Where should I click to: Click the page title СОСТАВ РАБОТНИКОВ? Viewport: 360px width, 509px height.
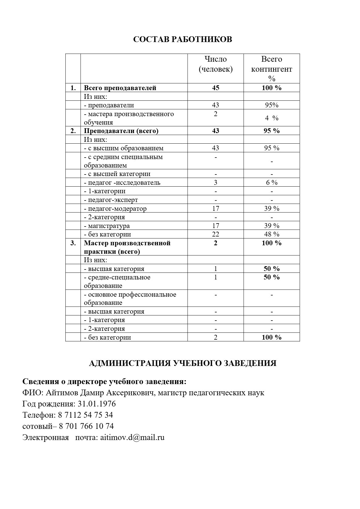coord(182,40)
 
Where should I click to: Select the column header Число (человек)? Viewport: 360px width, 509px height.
coord(215,64)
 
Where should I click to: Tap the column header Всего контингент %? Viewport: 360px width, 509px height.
coord(271,69)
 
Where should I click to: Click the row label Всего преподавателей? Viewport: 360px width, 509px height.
coord(120,88)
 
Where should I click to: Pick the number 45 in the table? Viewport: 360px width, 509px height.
coord(215,88)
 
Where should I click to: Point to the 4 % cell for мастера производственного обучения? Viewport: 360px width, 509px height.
coord(271,118)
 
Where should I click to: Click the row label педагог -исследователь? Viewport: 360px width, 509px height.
coord(122,183)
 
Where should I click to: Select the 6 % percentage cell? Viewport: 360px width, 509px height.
coord(271,183)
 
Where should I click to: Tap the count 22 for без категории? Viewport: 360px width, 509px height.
coord(215,234)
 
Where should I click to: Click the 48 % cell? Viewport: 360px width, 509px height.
coord(271,234)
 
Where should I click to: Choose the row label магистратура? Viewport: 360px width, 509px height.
coord(107,226)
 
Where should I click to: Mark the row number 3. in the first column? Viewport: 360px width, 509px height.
coord(73,243)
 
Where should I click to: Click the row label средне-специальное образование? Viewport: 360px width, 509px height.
coord(117,282)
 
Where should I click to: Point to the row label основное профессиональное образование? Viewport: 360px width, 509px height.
coord(130,299)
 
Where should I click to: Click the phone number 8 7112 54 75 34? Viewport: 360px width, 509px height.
coord(85,415)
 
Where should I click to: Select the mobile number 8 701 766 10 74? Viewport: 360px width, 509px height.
coord(86,426)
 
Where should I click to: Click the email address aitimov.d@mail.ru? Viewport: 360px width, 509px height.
coord(132,437)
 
